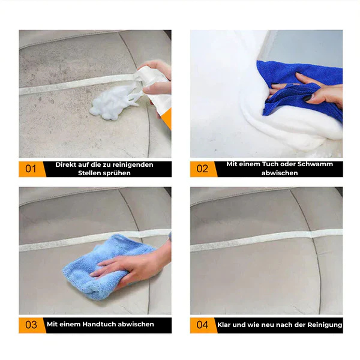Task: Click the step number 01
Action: (x=31, y=169)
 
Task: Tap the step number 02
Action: (x=202, y=169)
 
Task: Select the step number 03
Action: (x=31, y=325)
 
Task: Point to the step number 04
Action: (x=202, y=325)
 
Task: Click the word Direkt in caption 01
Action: (x=66, y=164)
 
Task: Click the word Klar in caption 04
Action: (x=224, y=325)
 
